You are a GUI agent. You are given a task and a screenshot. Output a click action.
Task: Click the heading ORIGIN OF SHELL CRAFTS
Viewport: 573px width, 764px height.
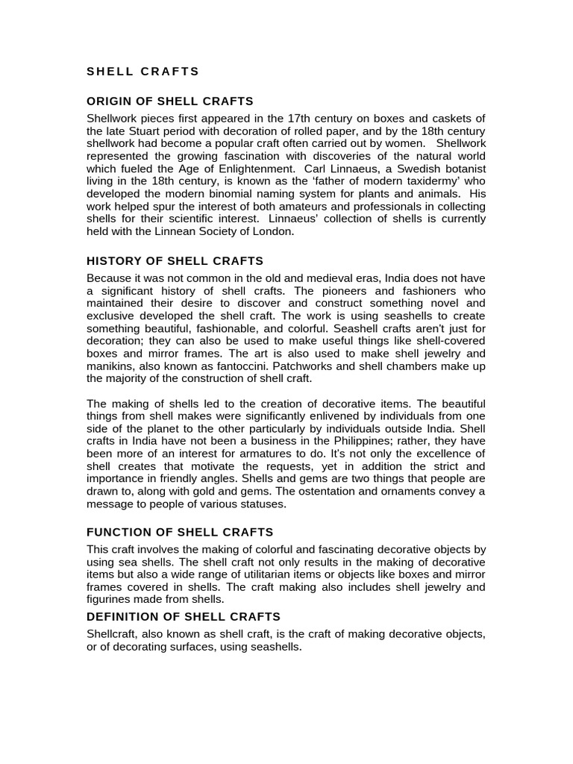[170, 101]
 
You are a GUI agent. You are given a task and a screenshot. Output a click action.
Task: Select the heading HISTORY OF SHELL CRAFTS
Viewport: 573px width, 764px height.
[175, 261]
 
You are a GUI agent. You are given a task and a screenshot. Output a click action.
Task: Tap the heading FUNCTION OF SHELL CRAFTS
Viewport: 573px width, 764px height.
[180, 532]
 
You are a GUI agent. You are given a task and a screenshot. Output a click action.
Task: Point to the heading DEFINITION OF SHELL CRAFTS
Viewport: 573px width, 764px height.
[184, 616]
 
